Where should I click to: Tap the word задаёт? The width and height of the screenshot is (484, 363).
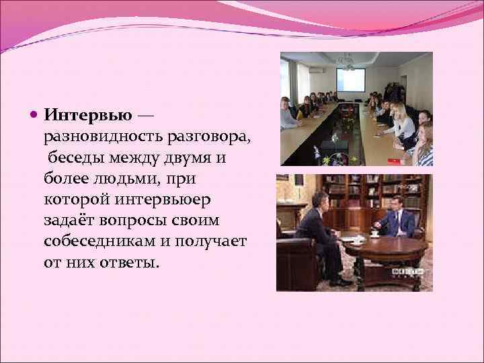click(69, 220)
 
